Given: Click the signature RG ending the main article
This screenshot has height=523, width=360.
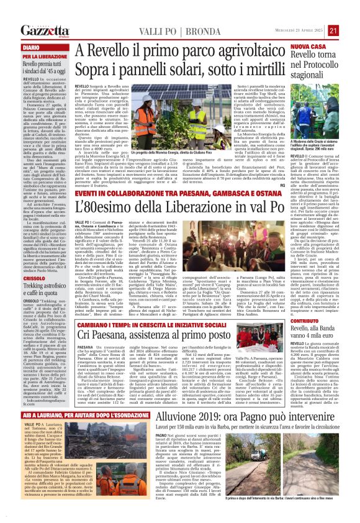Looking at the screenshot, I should pyautogui.click(x=281, y=184).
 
